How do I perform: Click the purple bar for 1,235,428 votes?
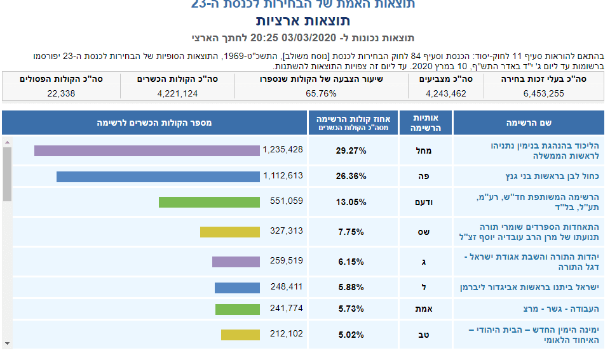(147, 150)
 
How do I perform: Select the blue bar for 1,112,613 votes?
(158, 177)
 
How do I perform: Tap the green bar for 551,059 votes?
(209, 202)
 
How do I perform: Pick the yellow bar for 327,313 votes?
(230, 232)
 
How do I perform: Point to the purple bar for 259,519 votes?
(236, 262)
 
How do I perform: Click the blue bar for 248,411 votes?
(237, 288)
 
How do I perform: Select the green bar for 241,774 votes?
(238, 309)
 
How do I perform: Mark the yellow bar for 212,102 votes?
(240, 335)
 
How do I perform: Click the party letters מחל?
(426, 150)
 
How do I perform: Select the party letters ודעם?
(426, 202)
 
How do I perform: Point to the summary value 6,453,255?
(543, 93)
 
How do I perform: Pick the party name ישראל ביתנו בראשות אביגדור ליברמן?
(529, 288)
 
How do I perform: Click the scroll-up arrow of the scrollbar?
(7, 142)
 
